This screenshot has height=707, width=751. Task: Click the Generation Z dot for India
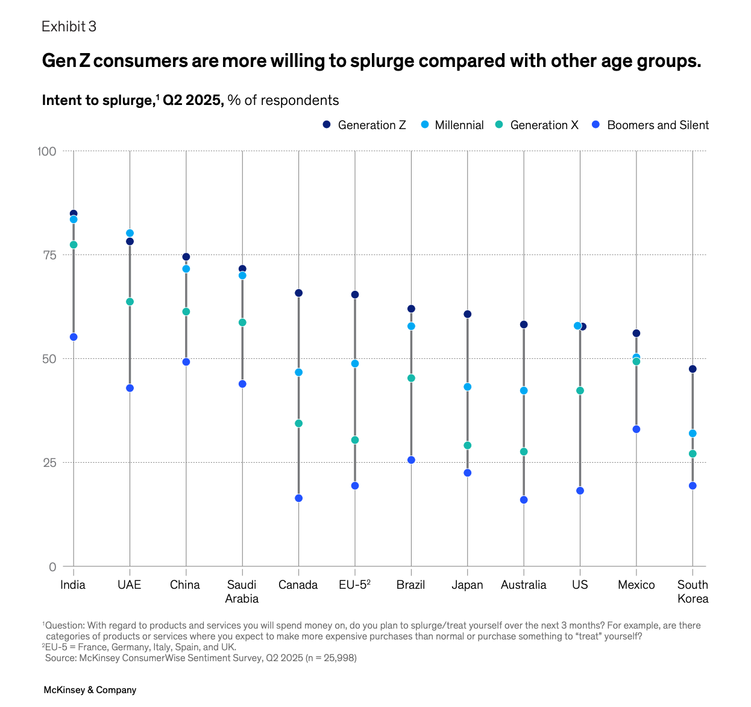74,214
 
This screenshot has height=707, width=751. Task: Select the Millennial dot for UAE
130,233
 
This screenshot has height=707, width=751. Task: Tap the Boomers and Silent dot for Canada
299,498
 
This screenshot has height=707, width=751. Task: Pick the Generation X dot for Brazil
412,378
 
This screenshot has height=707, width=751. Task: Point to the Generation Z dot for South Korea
693,369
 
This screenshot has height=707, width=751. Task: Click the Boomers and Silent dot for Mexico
636,429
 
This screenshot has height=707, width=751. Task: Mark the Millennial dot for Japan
467,387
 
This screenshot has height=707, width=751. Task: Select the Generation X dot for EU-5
355,440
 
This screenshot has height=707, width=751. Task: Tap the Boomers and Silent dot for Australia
524,500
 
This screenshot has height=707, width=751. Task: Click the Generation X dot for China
186,311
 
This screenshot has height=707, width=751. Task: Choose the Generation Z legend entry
364,125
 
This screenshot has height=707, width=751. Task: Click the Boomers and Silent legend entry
650,125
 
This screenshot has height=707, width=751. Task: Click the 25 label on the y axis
50,463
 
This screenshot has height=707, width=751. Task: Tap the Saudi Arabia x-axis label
242,592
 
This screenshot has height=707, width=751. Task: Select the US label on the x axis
580,585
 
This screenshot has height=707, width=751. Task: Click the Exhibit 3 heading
69,27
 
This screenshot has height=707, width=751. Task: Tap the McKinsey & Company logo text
90,690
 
